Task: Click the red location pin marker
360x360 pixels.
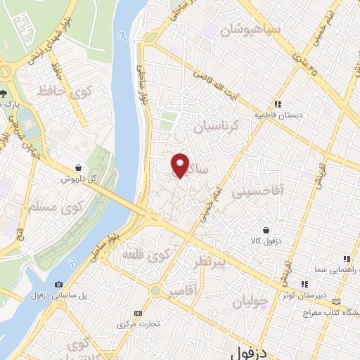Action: pyautogui.click(x=181, y=165)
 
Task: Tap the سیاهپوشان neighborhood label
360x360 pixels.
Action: pyautogui.click(x=250, y=30)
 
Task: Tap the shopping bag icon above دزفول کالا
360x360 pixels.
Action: pyautogui.click(x=266, y=230)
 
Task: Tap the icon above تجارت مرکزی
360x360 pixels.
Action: pyautogui.click(x=137, y=313)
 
